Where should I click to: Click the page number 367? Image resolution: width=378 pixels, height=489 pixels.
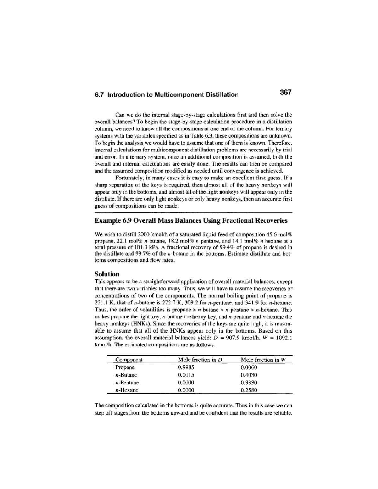coord(285,92)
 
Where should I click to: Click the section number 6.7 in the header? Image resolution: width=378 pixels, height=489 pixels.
coord(100,95)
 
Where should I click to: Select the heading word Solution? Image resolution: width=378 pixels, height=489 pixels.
coord(107,274)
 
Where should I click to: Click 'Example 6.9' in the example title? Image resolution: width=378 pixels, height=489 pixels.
coord(113,221)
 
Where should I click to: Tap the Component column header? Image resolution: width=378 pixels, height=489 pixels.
coord(129,360)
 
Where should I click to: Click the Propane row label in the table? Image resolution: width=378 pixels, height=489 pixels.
coord(125,367)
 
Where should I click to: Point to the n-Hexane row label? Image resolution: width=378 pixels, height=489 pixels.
coord(126,390)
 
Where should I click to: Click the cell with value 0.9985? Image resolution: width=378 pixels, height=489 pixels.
coord(186,367)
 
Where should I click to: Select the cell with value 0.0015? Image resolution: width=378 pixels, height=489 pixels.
coord(186,375)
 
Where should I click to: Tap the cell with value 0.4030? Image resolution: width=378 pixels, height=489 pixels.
coord(249,375)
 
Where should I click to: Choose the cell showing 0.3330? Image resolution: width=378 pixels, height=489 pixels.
coord(249,383)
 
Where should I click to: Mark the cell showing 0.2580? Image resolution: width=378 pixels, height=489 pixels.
coord(249,390)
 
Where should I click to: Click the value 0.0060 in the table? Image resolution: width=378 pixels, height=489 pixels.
coord(249,367)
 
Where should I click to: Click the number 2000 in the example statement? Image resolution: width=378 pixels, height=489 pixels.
coord(140,235)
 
